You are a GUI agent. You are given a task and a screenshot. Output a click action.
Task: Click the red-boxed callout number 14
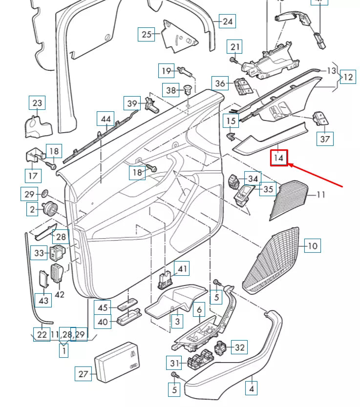(279, 158)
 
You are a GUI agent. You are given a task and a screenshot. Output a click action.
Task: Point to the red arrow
(318, 176)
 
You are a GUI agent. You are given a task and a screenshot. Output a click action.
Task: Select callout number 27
(83, 374)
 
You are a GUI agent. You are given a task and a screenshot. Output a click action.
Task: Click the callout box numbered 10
(312, 245)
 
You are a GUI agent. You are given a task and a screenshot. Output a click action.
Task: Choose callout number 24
(228, 21)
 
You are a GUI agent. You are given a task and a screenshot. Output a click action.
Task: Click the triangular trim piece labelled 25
(179, 37)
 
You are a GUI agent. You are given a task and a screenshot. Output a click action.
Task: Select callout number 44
(106, 120)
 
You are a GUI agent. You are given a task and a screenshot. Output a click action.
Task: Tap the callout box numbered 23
(38, 103)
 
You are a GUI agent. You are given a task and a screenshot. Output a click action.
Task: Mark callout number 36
(221, 83)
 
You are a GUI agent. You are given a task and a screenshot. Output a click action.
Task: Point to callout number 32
(239, 347)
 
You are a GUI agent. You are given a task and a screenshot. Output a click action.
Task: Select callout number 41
(182, 269)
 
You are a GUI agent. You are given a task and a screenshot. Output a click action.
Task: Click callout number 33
(39, 253)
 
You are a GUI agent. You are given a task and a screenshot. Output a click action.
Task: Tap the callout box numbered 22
(42, 334)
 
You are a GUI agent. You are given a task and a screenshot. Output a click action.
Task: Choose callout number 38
(170, 90)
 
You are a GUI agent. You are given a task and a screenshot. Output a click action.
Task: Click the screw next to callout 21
(233, 60)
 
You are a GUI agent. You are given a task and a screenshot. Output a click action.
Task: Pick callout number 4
(252, 389)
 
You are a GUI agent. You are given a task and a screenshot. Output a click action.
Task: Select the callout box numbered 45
(102, 308)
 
